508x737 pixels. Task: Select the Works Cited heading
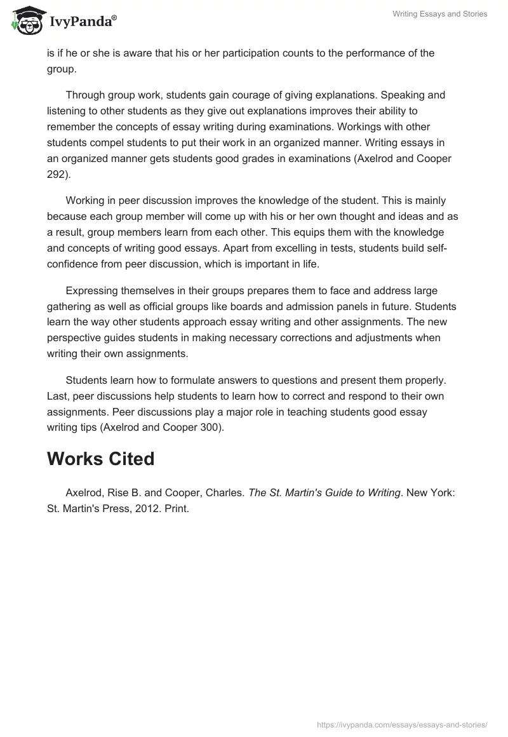[x=100, y=459]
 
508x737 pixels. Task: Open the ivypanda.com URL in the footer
[x=402, y=724]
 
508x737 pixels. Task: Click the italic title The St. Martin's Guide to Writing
[x=324, y=493]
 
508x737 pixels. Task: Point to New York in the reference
[x=432, y=493]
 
